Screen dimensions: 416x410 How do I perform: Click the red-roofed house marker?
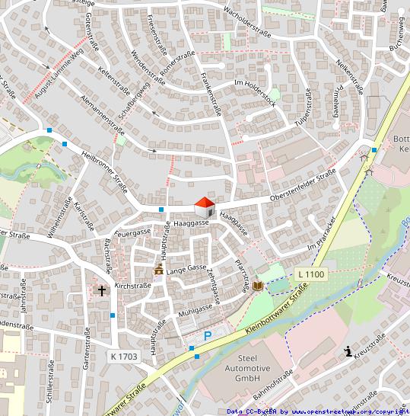pos(205,207)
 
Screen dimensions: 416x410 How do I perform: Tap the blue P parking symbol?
pos(207,335)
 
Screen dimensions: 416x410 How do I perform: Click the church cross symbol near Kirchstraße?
pos(102,290)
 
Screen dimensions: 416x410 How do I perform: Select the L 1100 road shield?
pos(310,274)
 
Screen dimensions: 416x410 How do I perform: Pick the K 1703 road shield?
pos(123,356)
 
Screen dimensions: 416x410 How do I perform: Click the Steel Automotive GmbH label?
pos(253,367)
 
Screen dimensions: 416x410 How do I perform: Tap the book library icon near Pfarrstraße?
pos(259,286)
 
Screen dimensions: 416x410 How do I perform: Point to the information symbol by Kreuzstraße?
pos(348,351)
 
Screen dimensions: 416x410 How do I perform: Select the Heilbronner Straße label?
pos(103,171)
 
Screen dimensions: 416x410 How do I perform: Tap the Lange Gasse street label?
pos(186,270)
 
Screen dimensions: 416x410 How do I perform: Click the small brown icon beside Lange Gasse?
pos(158,270)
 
